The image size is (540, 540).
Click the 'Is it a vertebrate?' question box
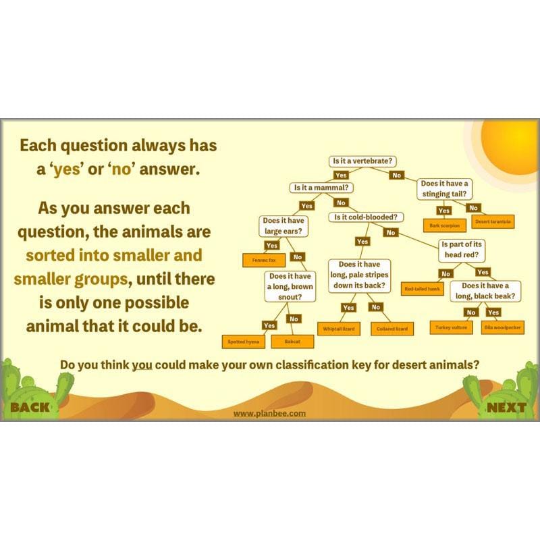362,161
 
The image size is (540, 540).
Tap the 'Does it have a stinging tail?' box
444,188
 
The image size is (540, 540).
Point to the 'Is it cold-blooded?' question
367,217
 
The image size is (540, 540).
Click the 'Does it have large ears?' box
283,225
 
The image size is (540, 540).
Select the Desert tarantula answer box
493,221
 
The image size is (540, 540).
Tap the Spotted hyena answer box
244,342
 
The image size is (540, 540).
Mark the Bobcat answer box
292,342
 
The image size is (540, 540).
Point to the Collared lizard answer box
392,329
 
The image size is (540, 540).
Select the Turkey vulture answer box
450,327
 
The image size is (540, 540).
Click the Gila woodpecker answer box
502,327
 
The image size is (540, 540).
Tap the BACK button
30,407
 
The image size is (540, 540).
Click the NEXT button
506,407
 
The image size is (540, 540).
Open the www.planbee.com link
269,413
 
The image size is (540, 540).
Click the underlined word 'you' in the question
142,365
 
